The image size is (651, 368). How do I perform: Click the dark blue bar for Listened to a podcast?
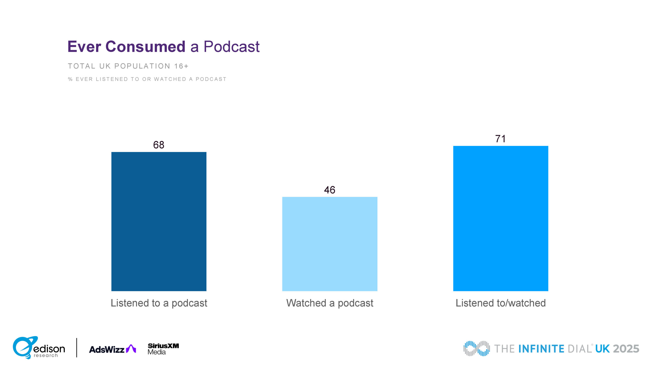[x=159, y=221]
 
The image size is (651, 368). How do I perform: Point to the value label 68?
[x=159, y=145]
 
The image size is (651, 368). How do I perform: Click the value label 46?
[x=330, y=190]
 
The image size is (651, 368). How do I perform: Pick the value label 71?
[x=500, y=139]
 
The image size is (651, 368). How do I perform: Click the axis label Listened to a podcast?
[x=159, y=303]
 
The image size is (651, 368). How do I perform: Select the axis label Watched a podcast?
[x=330, y=303]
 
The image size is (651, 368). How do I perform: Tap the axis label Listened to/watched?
[x=500, y=303]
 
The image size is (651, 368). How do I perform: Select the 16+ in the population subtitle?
[x=181, y=66]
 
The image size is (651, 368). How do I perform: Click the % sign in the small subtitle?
[x=70, y=79]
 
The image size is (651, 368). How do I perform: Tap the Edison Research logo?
[x=39, y=348]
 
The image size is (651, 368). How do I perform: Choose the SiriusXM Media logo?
[x=163, y=349]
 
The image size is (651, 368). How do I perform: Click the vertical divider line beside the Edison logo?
[x=77, y=348]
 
